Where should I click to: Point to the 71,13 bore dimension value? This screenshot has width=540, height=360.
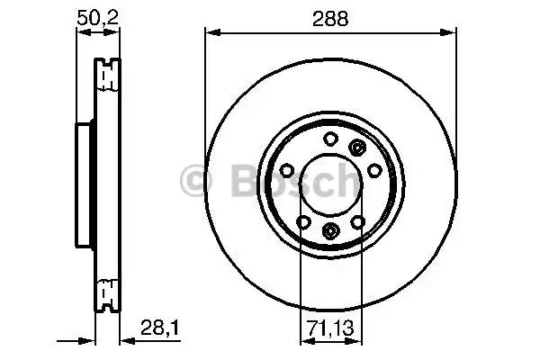[x=329, y=328]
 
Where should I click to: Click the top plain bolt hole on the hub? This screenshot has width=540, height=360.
[x=329, y=139]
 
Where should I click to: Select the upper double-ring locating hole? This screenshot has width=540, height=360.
[x=357, y=148]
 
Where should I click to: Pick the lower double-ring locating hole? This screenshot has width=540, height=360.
[x=329, y=231]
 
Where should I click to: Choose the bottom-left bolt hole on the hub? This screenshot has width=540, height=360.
[x=302, y=221]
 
